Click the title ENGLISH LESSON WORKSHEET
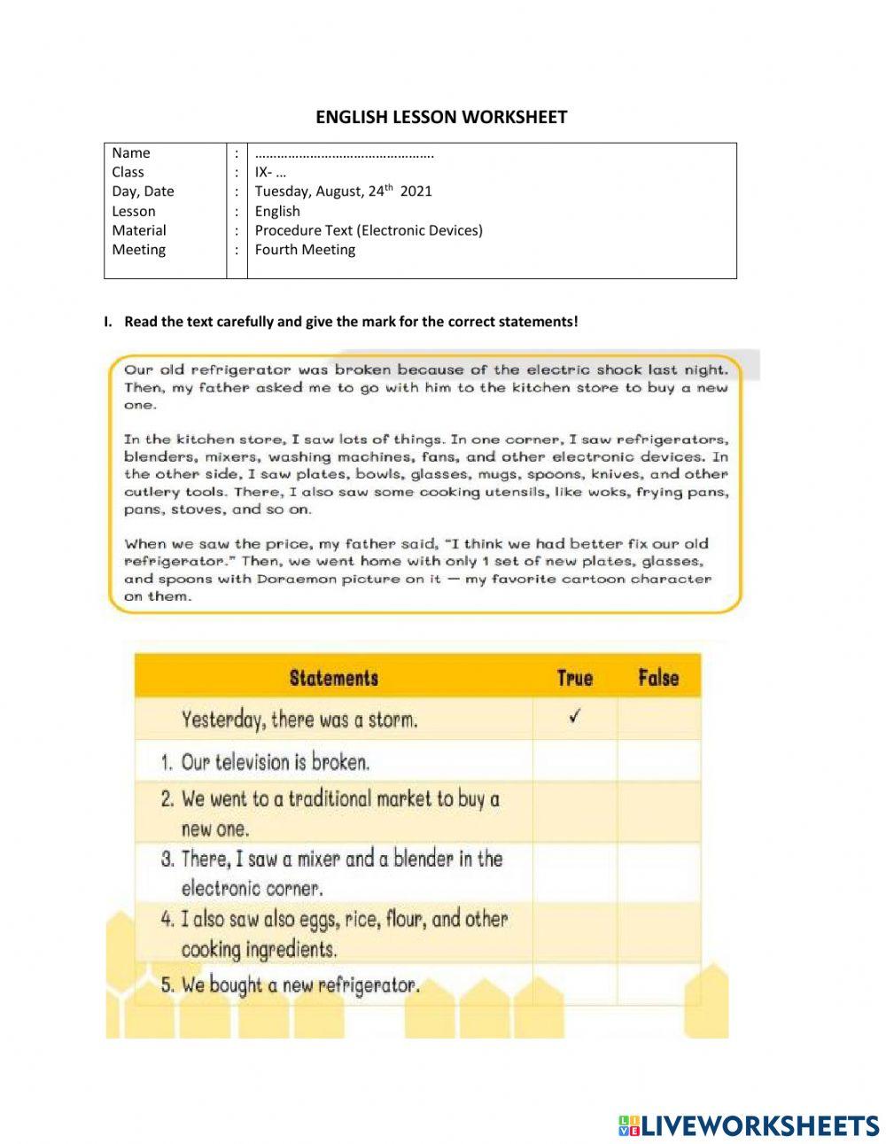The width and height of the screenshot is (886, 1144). tap(441, 117)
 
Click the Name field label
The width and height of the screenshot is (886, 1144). tap(131, 152)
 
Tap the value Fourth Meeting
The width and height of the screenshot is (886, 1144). tap(305, 250)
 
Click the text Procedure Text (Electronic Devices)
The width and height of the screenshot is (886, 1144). tap(369, 230)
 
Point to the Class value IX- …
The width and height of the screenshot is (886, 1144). tap(270, 172)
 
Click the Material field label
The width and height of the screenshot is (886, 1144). tap(139, 230)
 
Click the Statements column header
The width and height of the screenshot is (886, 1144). tap(333, 678)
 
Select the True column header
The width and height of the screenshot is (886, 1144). tap(574, 678)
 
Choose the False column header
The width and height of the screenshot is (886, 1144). tap(657, 678)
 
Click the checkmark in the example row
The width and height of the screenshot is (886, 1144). tap(574, 718)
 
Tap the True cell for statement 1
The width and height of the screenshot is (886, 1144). tap(574, 761)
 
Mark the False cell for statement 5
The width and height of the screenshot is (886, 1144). tap(657, 984)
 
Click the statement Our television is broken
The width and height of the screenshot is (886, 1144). tap(275, 762)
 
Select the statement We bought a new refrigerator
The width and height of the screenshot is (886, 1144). tap(299, 984)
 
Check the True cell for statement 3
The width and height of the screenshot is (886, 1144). tap(574, 873)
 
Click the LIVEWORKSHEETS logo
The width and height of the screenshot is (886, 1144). tap(749, 1125)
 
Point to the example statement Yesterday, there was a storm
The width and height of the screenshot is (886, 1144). tap(299, 719)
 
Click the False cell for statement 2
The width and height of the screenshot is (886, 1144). tap(657, 813)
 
